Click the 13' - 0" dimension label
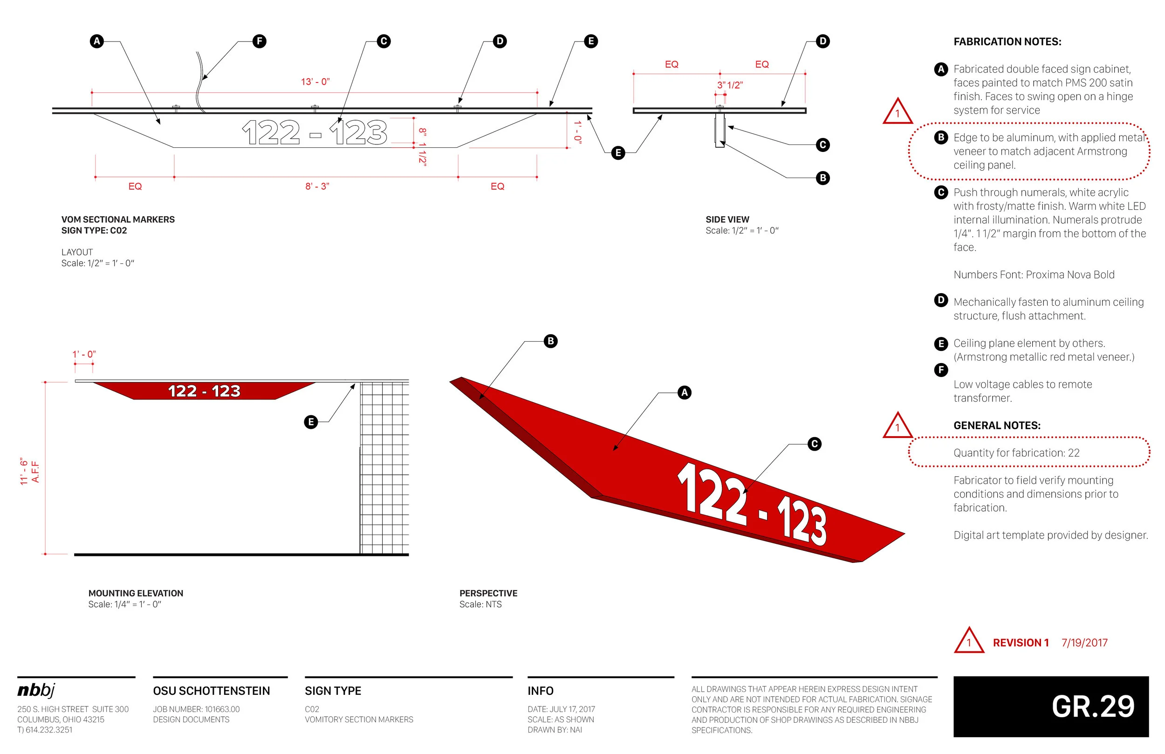point(315,82)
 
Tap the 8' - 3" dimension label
point(317,186)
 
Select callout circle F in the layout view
point(260,41)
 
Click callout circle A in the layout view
point(97,41)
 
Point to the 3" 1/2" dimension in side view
point(730,85)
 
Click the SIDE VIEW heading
point(727,219)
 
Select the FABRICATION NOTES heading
point(1007,41)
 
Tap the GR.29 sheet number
point(1093,706)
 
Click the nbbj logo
point(36,690)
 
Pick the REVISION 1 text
point(1021,643)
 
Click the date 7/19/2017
point(1084,643)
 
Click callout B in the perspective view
point(551,341)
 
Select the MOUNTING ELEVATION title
point(136,593)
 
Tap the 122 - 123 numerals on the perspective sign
point(752,504)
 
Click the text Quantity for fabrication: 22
point(1016,453)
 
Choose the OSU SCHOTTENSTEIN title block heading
point(211,691)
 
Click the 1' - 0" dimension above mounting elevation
point(84,354)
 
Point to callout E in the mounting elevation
point(311,422)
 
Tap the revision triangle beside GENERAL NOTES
point(897,426)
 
